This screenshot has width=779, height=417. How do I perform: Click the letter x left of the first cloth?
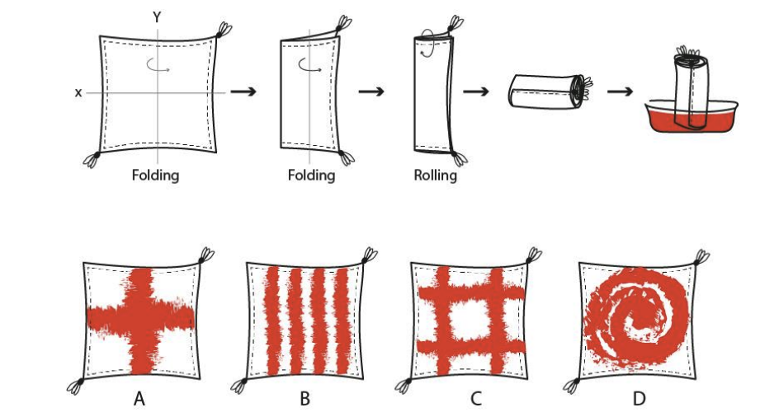[78, 93]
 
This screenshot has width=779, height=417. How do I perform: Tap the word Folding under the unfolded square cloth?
[155, 175]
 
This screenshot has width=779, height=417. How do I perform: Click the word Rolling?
[435, 175]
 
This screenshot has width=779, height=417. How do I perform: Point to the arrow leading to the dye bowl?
[619, 90]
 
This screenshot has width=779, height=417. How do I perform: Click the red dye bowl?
[691, 119]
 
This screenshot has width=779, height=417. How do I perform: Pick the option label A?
[139, 400]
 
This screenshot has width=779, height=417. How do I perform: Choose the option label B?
[305, 400]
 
